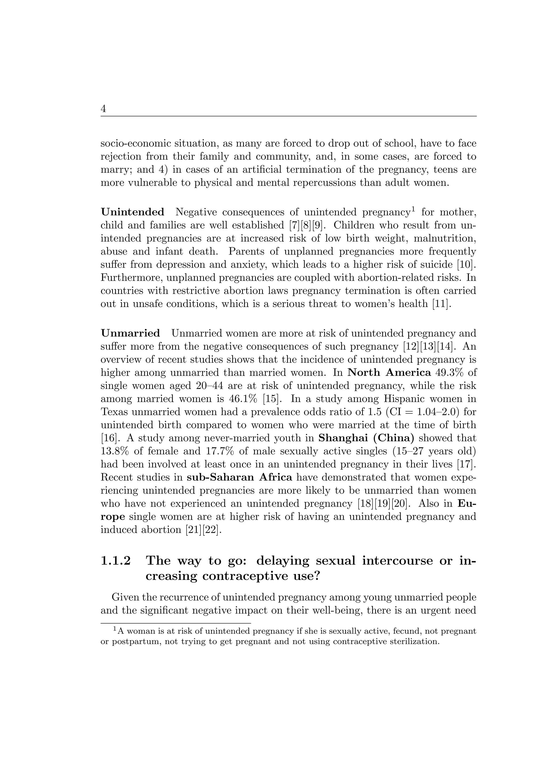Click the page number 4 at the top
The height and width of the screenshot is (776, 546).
pyautogui.click(x=103, y=109)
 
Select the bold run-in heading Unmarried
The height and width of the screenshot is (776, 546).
pyautogui.click(x=130, y=333)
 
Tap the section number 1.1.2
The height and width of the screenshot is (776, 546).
pyautogui.click(x=116, y=561)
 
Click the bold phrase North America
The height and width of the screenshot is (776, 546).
pyautogui.click(x=389, y=372)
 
